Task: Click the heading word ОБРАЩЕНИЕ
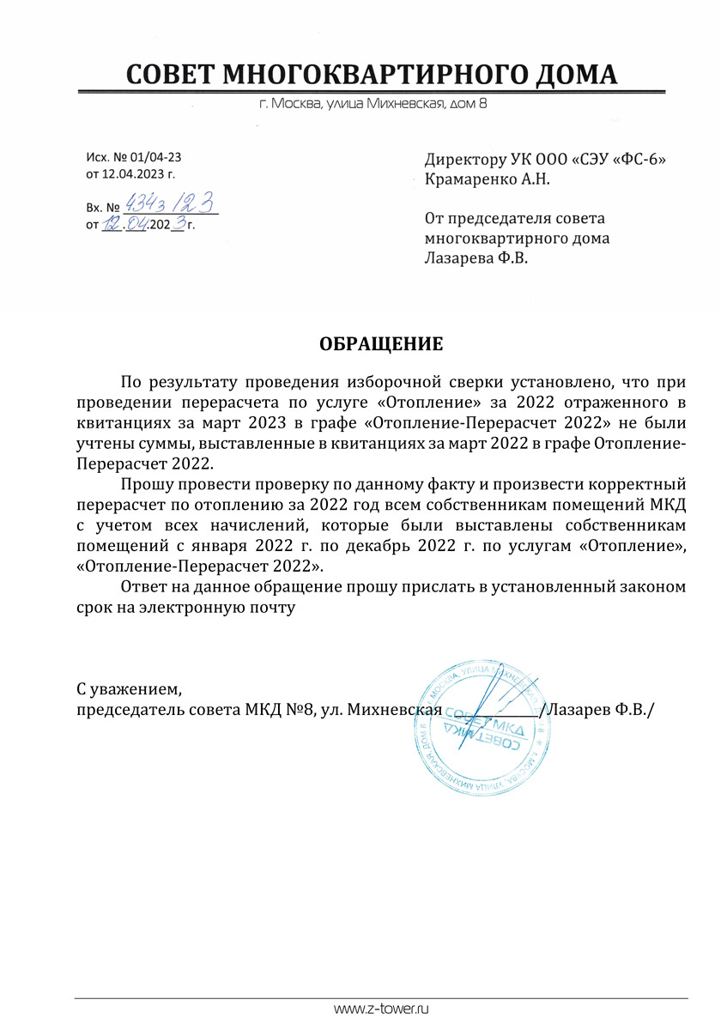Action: click(381, 345)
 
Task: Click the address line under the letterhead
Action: click(373, 106)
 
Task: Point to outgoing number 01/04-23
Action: click(154, 158)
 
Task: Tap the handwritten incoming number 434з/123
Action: click(168, 204)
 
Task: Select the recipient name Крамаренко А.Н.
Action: click(487, 179)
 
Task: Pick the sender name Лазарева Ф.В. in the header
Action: click(476, 257)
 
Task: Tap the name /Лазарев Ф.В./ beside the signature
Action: click(597, 710)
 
